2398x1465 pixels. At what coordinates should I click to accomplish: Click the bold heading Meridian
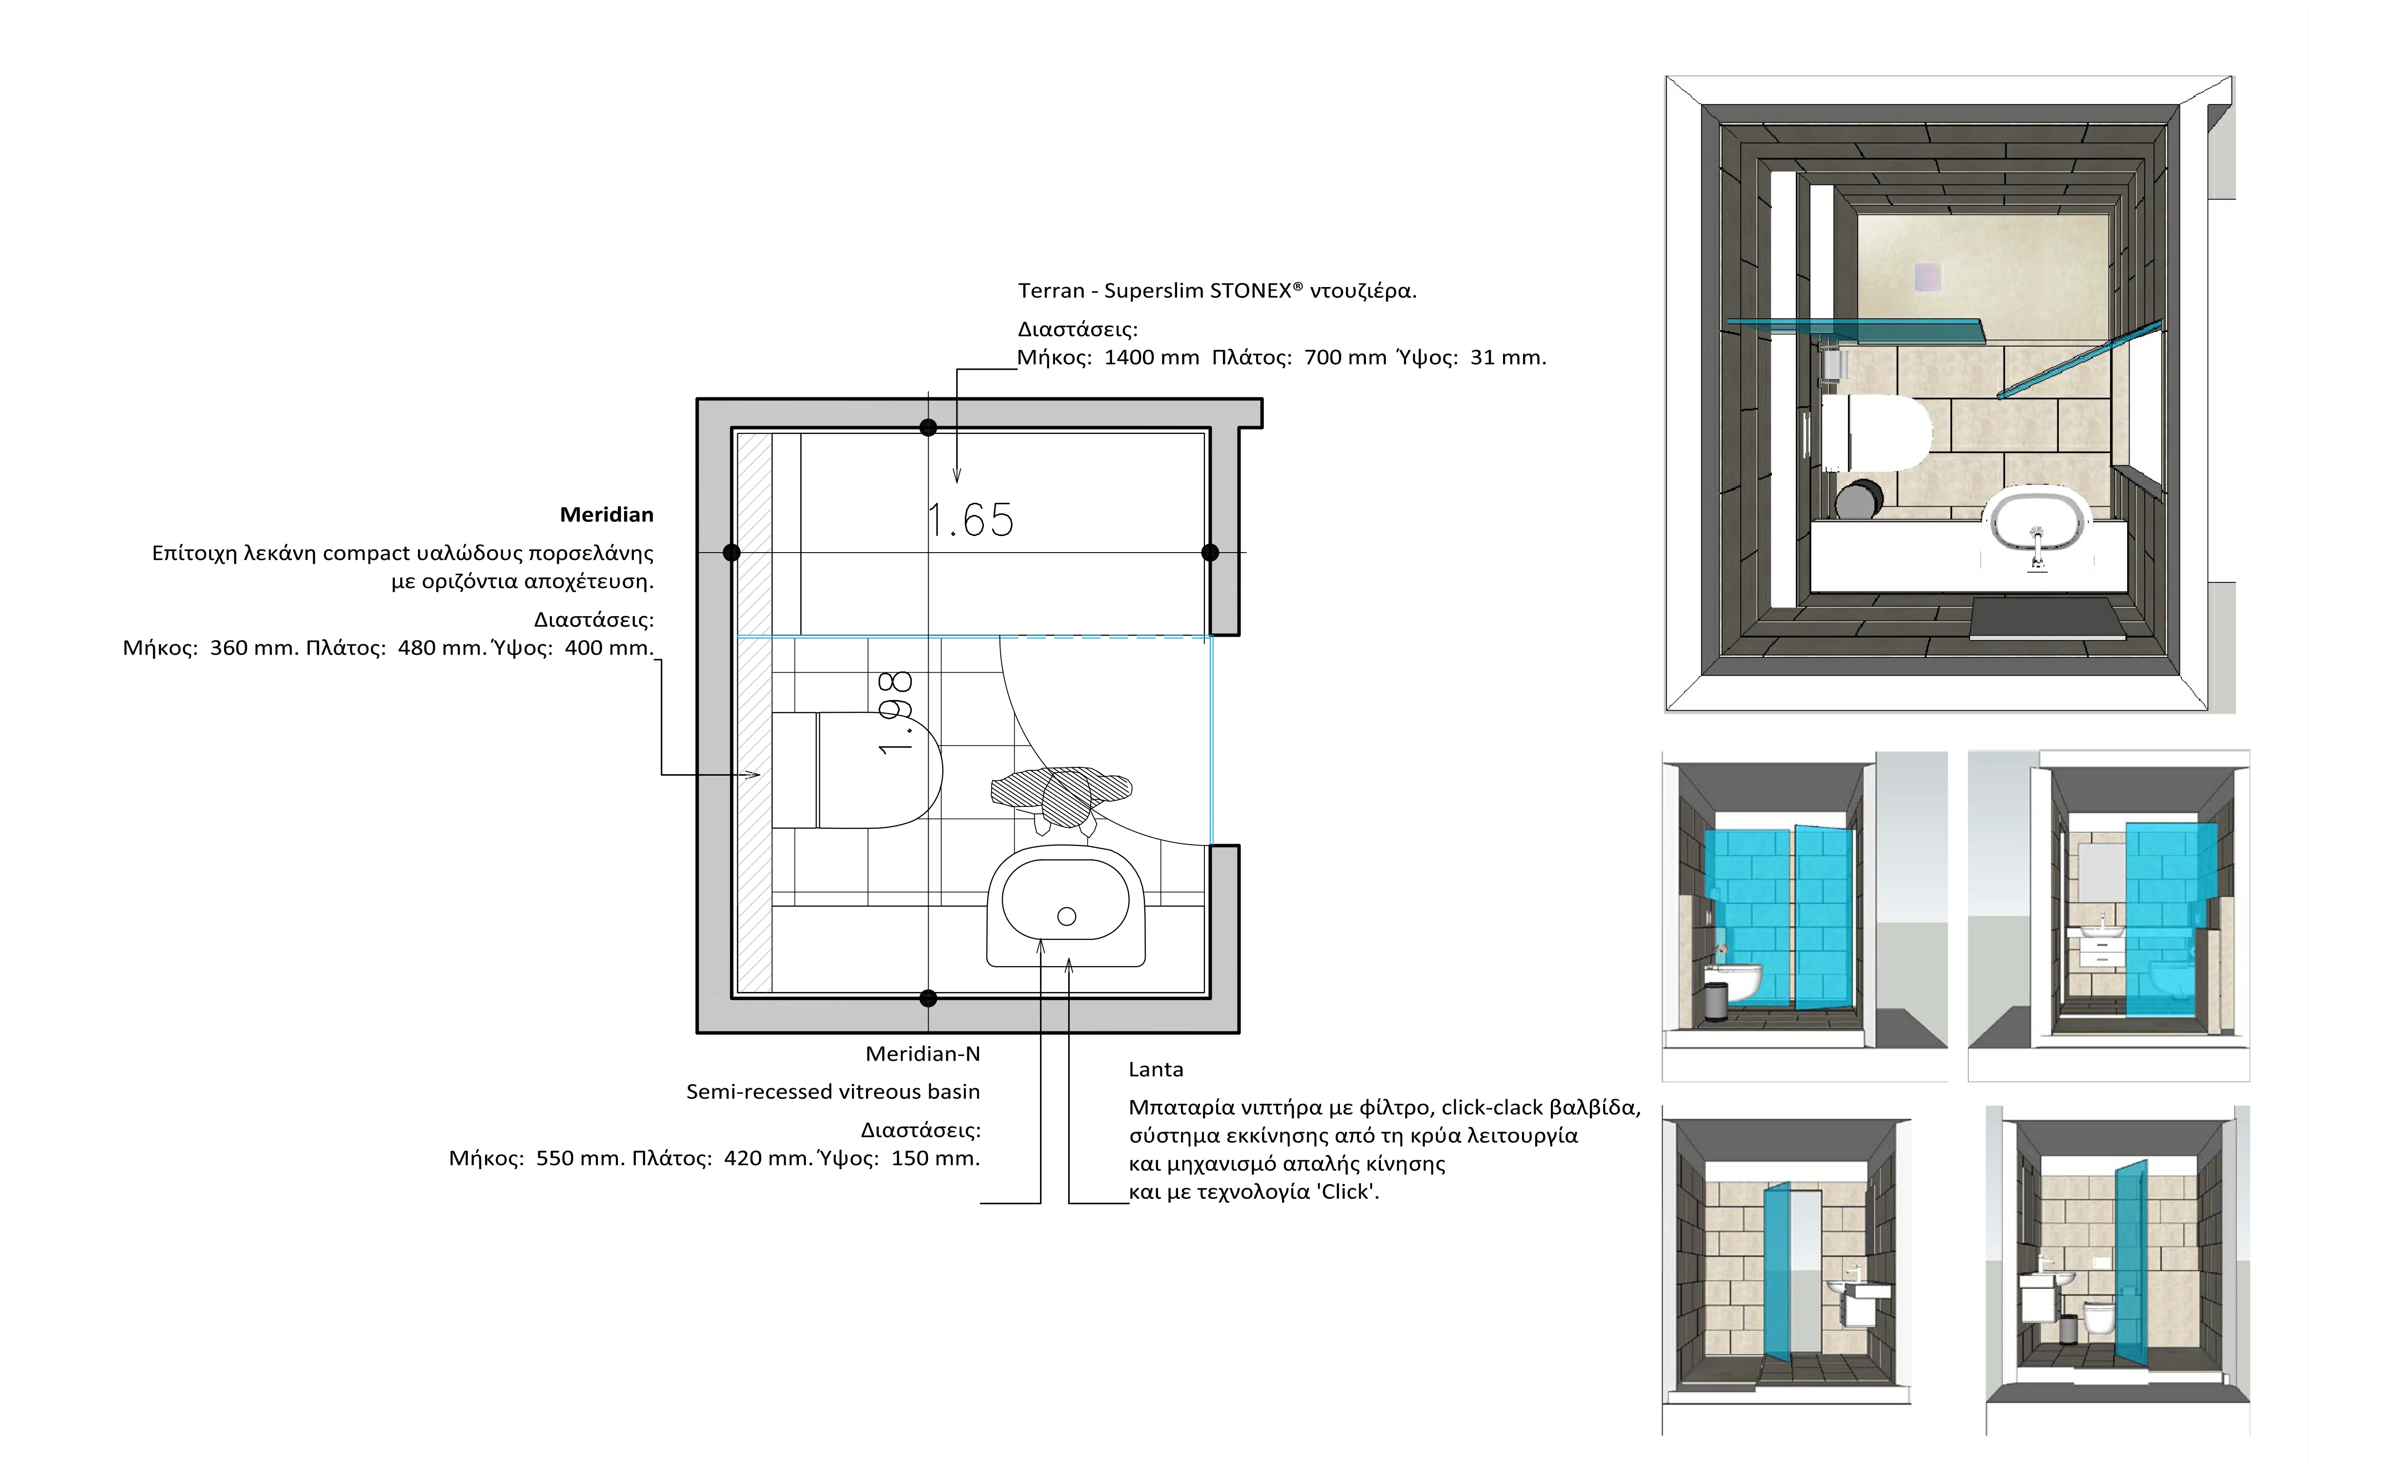click(606, 515)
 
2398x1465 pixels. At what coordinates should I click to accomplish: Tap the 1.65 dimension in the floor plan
click(970, 521)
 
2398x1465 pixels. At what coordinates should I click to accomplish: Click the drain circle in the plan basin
click(1067, 916)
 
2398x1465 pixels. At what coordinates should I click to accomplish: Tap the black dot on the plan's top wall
click(929, 427)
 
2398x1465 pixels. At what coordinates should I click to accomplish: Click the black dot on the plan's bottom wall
click(929, 998)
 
